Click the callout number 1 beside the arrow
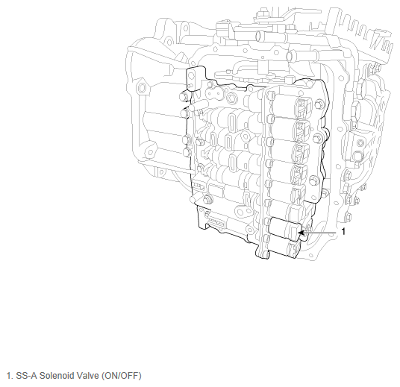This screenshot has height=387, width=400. (x=343, y=231)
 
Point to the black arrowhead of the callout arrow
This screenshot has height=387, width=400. (x=301, y=233)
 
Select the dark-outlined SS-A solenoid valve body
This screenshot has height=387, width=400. (x=285, y=229)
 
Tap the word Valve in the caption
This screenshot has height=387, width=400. (x=87, y=376)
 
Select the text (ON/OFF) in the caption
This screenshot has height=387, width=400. (x=122, y=376)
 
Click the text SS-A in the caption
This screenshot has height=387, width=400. (x=27, y=376)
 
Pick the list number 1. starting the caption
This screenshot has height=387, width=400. (x=10, y=376)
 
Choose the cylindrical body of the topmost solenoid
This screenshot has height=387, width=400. (x=284, y=105)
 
